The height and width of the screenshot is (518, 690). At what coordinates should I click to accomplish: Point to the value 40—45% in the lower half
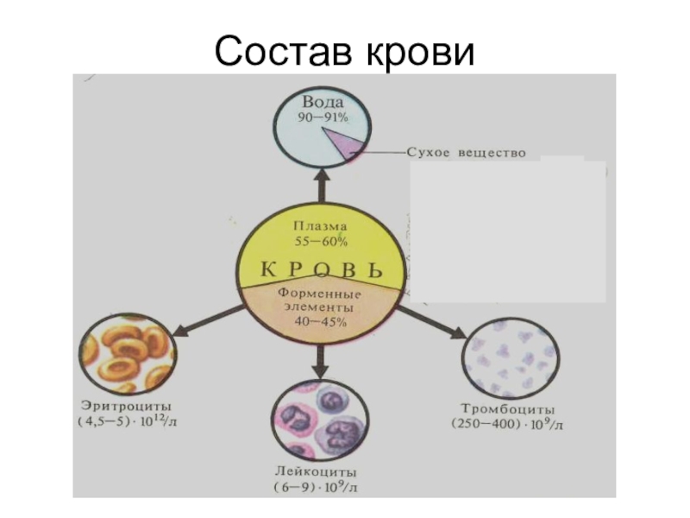[x=320, y=322]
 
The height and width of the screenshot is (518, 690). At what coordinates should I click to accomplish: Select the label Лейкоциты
[x=320, y=472]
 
